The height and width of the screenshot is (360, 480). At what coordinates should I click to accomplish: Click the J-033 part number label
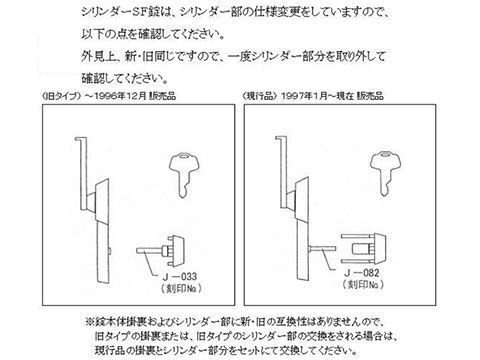pos(180,276)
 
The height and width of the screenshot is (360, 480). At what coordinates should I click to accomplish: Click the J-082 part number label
pos(362,273)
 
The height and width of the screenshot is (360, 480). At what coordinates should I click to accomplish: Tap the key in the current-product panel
pos(386,173)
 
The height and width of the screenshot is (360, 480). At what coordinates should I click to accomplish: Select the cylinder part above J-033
pos(160,250)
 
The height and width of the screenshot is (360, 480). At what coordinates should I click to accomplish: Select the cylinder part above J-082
pos(363,249)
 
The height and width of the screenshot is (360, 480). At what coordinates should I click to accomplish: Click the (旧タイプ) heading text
pos(61,96)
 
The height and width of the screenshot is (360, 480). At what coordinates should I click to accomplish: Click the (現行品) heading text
pos(260,96)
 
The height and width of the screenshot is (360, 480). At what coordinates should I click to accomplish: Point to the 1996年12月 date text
pos(120,96)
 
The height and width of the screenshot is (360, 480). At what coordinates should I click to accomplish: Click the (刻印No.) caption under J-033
pos(182,288)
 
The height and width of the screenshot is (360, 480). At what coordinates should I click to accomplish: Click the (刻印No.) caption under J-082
pos(363,284)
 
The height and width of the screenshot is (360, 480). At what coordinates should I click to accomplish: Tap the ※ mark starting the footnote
pos(90,322)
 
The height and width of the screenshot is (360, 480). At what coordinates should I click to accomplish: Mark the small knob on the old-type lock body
pos(110,251)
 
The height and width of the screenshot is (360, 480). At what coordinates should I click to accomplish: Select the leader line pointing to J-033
pos(151,264)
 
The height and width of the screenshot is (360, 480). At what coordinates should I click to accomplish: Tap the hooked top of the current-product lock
pos(281,138)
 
